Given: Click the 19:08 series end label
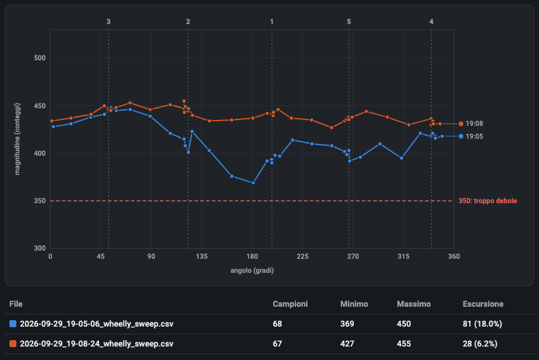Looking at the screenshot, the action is pos(474,124).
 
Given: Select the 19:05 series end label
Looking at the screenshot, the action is pos(474,136).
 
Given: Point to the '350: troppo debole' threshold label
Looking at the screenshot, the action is pos(487,201).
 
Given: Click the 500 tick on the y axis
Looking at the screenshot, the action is pos(40,58).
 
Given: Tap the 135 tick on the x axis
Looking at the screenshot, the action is pos(202,256).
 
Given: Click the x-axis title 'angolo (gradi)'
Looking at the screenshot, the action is pos(252,270).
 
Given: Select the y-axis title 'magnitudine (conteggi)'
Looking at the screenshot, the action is pos(17,139).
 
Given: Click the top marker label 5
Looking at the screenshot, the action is pos(349,22).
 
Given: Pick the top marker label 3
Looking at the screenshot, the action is pos(108,22).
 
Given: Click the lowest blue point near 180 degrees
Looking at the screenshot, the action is pos(253,183).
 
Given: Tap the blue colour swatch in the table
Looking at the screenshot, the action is pos(13,324).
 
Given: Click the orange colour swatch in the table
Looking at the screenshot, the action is pos(13,344).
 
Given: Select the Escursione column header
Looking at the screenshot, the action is pos(483,304).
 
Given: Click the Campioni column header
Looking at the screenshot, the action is pos(290,304).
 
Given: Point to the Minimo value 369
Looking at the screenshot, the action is pos(347,324).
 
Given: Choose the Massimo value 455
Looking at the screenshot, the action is pos(404,344).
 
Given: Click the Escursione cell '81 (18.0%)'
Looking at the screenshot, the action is pos(482,324).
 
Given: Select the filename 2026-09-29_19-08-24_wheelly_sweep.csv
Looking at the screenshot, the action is pos(97,344).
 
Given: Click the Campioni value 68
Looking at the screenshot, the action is pos(277,324).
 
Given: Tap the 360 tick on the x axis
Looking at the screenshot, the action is pos(454,256).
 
